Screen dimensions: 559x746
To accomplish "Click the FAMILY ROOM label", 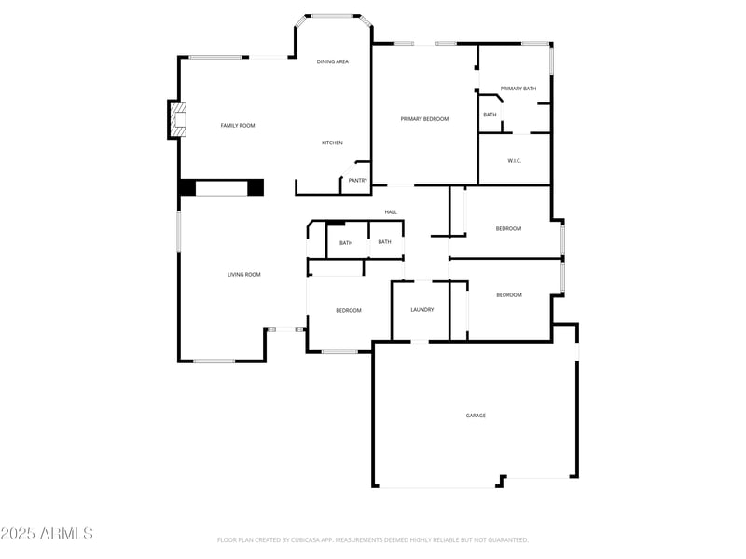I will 237,125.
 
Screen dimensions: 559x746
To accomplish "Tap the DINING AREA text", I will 333,61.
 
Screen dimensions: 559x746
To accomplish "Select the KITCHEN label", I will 332,143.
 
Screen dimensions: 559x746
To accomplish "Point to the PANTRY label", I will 358,180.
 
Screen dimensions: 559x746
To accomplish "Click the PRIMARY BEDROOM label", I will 424,119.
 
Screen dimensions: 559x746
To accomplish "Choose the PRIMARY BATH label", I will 518,89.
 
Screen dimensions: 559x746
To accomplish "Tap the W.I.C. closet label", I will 514,161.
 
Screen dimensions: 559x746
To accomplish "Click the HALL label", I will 391,212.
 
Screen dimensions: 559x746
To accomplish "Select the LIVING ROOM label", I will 244,275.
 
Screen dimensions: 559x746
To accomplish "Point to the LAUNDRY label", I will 422,310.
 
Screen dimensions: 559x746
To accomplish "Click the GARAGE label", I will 476,416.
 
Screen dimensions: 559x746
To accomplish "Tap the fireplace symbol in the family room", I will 177,119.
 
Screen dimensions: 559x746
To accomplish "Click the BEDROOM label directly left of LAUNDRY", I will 348,310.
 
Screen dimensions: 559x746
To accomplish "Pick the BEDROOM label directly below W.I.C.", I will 508,228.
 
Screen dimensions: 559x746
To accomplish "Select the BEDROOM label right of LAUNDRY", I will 508,295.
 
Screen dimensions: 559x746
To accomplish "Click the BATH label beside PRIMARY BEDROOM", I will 490,115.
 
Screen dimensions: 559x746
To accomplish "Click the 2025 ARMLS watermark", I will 47,534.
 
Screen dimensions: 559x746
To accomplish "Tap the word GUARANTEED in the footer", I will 507,540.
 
